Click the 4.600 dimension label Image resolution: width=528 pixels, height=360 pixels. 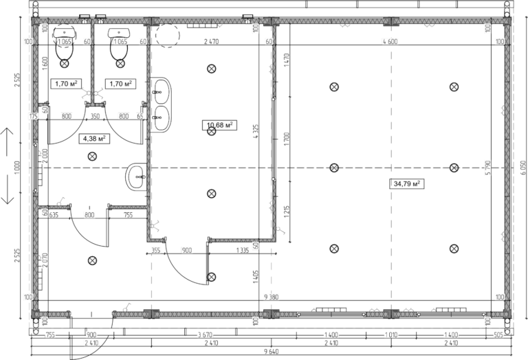(390, 41)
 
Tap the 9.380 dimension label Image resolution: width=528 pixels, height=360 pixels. (271, 297)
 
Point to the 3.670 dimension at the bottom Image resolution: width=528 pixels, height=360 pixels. (204, 335)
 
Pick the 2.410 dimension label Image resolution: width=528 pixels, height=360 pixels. (90, 341)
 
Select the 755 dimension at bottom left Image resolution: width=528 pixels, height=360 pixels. (50, 335)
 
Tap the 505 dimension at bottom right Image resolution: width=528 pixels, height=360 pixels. (498, 335)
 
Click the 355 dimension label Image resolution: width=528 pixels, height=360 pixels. (155, 249)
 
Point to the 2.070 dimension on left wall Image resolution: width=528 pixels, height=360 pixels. (44, 260)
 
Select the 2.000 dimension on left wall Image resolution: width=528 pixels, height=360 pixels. (44, 156)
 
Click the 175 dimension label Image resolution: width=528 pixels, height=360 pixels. (32, 117)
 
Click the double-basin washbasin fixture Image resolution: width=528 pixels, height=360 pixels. (161, 105)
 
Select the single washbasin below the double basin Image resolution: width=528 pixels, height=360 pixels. (137, 177)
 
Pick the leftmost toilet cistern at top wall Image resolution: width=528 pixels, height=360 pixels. (64, 32)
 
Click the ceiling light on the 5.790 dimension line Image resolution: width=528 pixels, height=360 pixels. (454, 167)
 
